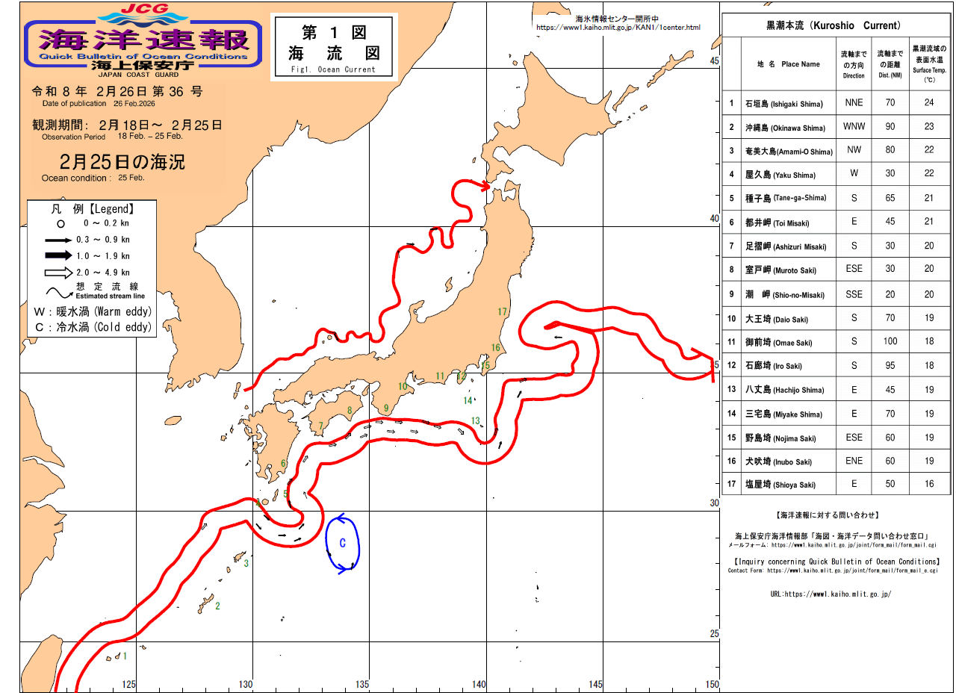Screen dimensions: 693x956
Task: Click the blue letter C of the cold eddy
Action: [x=342, y=544]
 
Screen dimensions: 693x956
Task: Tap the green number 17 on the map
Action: [x=503, y=311]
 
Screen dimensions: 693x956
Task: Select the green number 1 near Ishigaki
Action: [x=125, y=656]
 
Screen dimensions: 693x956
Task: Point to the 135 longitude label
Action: [x=362, y=684]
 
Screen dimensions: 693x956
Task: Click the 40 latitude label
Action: [x=714, y=219]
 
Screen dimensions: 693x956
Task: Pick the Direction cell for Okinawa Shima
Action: [x=854, y=127]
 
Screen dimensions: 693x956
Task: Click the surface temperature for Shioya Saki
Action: [x=929, y=484]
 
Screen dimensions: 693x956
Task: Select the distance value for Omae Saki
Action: [x=890, y=342]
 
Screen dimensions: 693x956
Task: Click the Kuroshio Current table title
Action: [x=832, y=25]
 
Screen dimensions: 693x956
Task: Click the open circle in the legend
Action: [x=60, y=223]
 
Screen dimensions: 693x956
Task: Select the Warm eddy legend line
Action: [x=93, y=311]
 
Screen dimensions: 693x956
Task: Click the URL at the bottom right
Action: [x=831, y=594]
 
